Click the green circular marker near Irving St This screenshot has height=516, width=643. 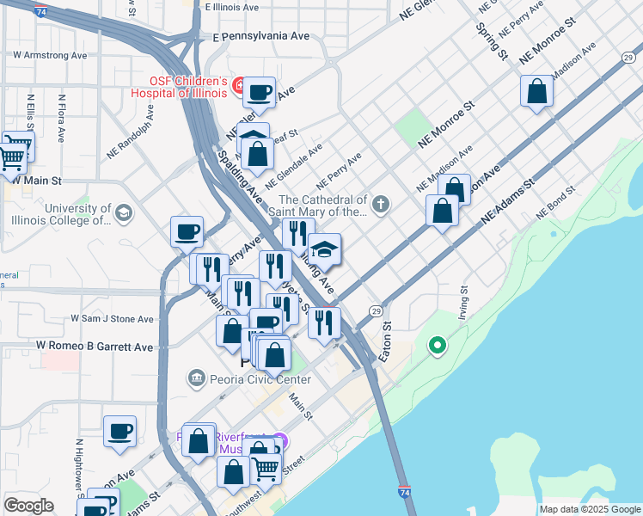(438, 347)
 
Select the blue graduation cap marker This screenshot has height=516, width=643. (324, 249)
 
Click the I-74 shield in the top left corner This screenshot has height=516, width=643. (40, 11)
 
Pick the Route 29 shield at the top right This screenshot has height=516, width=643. (628, 57)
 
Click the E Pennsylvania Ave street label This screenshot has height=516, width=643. (260, 38)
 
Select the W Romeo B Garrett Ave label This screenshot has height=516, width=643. (95, 347)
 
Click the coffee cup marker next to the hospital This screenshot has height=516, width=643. (259, 92)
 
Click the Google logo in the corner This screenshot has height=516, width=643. (28, 506)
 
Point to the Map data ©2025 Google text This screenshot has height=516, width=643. (589, 509)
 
